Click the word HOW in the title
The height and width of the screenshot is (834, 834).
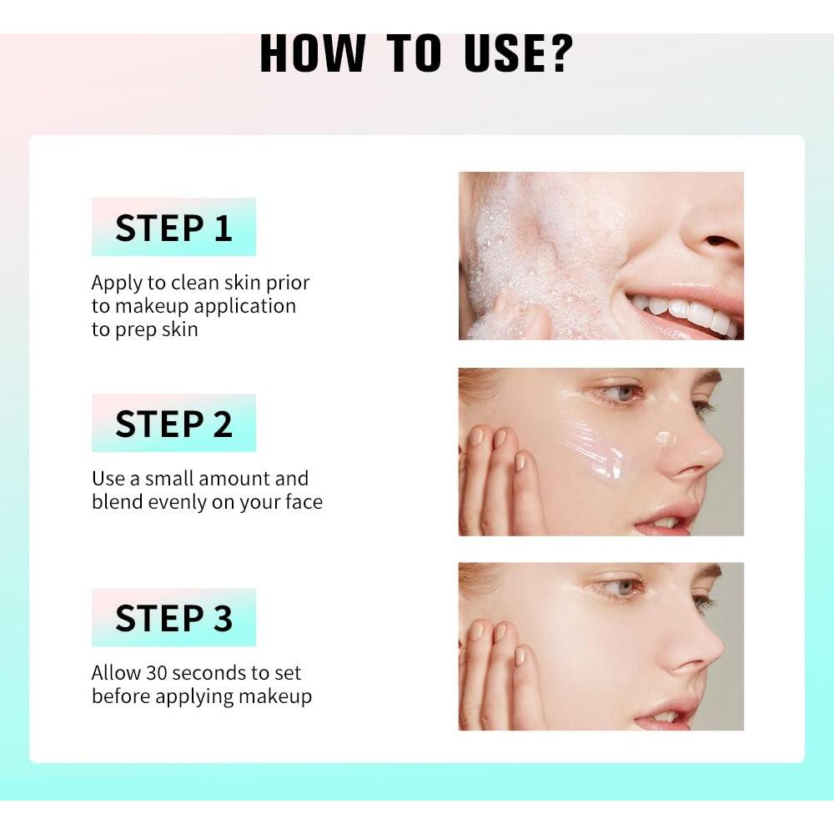point(313,53)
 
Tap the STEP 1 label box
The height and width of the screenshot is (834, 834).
point(173,227)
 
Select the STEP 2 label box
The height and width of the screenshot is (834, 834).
point(173,423)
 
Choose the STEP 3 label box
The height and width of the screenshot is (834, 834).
point(173,617)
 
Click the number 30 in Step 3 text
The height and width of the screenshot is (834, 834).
point(156,672)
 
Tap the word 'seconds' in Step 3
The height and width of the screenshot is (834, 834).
point(213,672)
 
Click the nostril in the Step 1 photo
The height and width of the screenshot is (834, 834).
point(717,240)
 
